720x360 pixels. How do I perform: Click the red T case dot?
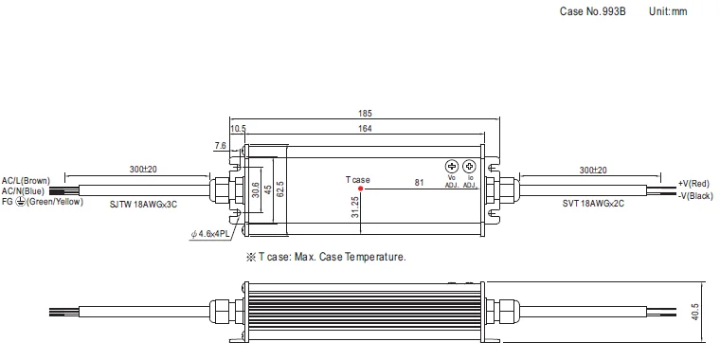(x=360, y=189)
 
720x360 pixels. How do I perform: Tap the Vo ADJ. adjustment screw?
(x=452, y=166)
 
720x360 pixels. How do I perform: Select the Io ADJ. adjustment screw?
(x=469, y=166)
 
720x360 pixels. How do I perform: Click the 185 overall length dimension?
(x=366, y=113)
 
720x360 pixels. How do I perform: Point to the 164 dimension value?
(x=365, y=129)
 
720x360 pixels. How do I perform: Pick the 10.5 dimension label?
(x=238, y=129)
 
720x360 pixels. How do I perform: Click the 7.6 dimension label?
(x=221, y=146)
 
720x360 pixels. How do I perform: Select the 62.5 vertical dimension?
(x=280, y=189)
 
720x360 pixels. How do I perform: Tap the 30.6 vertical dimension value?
(x=256, y=189)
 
